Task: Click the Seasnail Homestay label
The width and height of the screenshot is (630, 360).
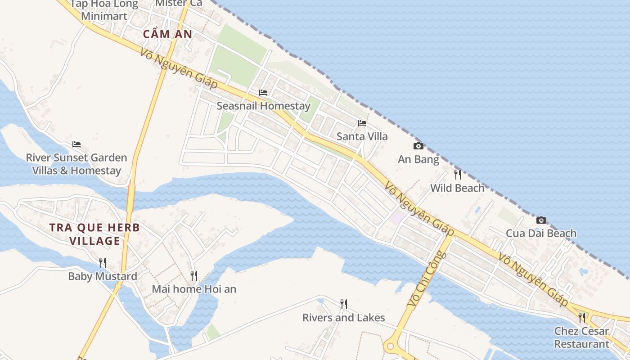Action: (264, 106)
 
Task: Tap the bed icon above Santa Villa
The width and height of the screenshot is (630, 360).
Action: (362, 123)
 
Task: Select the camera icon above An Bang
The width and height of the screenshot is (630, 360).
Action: (418, 146)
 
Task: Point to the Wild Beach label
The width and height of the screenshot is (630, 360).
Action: (458, 188)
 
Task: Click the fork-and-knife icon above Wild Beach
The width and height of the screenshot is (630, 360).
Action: (458, 175)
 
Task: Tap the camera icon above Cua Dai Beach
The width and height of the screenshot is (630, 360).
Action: (541, 220)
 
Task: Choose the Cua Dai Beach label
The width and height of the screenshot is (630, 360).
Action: (541, 234)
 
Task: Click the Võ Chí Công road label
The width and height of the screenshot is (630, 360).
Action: (426, 280)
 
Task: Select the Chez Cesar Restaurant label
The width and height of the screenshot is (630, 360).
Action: (582, 337)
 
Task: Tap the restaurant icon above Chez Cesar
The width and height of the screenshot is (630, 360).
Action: (582, 318)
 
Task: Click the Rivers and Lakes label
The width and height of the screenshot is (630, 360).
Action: (344, 318)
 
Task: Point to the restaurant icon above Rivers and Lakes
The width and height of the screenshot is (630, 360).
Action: (344, 304)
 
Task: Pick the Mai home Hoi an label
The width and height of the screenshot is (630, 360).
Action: (194, 289)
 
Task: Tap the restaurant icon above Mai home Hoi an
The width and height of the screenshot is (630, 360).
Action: (194, 275)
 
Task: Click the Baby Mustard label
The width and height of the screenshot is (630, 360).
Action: (103, 276)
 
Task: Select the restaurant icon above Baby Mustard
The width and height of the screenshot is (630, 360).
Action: (103, 263)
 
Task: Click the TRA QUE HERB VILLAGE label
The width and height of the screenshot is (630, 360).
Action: (95, 234)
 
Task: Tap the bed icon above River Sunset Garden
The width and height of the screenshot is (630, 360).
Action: (76, 144)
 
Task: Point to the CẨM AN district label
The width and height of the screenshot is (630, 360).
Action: (168, 34)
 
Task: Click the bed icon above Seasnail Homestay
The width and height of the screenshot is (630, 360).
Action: (263, 93)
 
